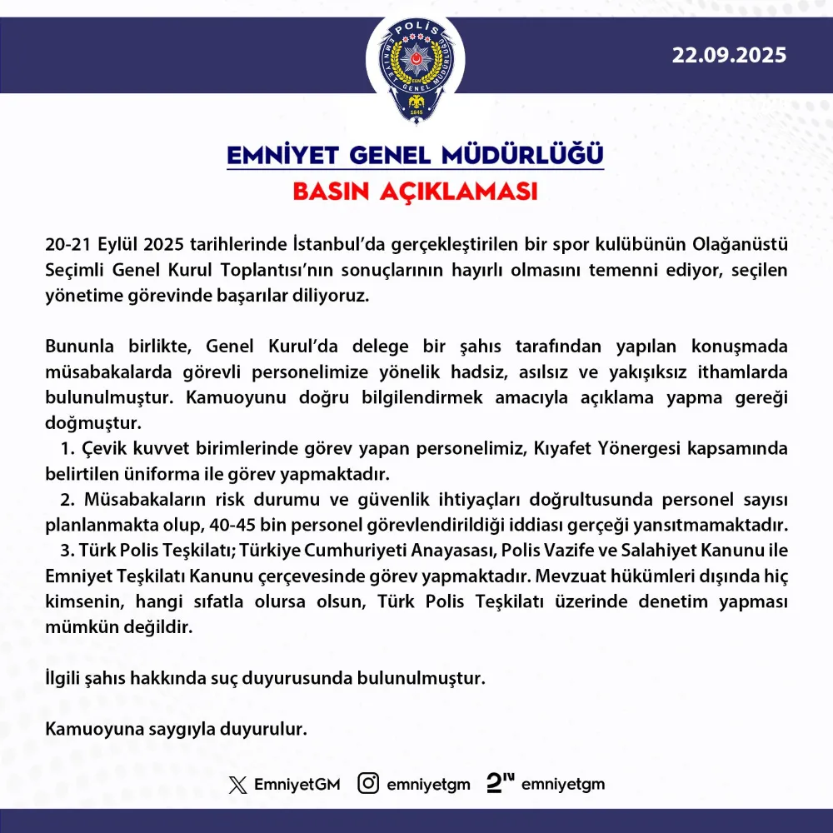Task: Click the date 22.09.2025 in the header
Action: point(730,56)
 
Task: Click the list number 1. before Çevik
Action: point(68,450)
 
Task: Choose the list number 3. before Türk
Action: point(68,551)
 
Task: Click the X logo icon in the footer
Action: point(238,785)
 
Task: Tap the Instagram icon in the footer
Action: point(368,784)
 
